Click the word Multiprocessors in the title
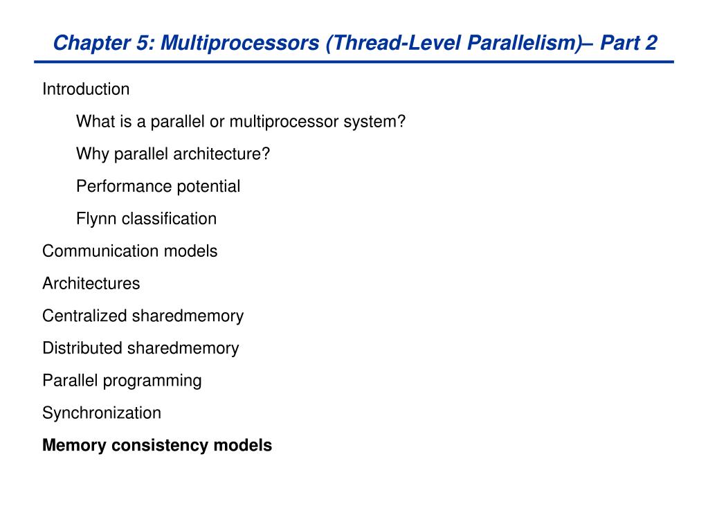(239, 44)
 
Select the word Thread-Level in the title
(393, 43)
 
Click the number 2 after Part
(651, 42)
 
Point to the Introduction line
(86, 89)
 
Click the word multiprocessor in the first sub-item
(284, 122)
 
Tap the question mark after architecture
(266, 154)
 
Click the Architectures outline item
(91, 283)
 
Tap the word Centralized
(84, 316)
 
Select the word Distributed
(82, 348)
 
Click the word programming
(152, 381)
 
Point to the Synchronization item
(102, 413)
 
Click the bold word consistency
(160, 446)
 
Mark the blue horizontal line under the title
(354, 62)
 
